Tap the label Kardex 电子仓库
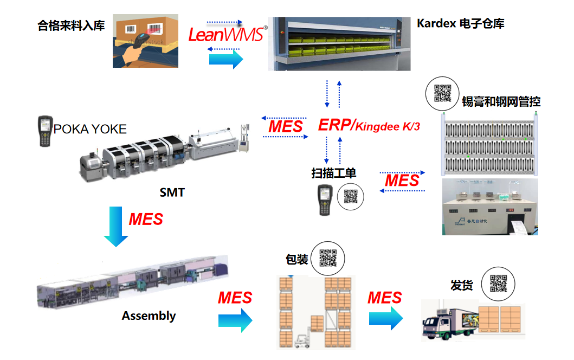click(x=460, y=23)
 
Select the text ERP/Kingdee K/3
click(x=369, y=125)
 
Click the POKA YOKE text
click(x=90, y=129)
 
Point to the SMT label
click(x=172, y=192)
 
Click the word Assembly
click(x=149, y=316)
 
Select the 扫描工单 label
click(x=334, y=173)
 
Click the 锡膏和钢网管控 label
click(x=501, y=101)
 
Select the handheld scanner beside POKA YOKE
click(x=44, y=131)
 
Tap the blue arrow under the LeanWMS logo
click(x=226, y=59)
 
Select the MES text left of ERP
click(x=286, y=126)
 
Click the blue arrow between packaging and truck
click(x=386, y=318)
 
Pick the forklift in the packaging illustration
click(x=302, y=339)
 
